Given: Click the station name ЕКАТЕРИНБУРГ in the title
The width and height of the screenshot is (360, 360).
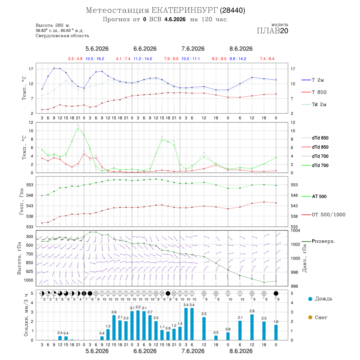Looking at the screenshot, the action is [x=184, y=10].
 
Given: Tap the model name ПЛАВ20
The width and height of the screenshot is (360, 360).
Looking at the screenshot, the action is [x=272, y=31].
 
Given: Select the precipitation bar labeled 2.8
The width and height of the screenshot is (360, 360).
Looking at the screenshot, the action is [x=252, y=327].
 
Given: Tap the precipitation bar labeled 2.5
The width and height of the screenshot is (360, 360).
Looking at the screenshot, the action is [x=204, y=328].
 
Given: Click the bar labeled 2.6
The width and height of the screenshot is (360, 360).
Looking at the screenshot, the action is [x=114, y=328].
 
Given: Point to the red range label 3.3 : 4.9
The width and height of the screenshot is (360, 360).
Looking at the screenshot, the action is [x=75, y=59].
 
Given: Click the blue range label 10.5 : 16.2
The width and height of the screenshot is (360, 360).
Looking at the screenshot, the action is [x=95, y=59].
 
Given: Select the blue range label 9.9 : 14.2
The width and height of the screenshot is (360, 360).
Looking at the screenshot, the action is [x=238, y=59].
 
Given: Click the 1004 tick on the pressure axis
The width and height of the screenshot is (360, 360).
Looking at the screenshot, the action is [x=295, y=230].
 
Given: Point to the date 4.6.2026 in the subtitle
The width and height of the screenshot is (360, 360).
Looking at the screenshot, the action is [x=175, y=19].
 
